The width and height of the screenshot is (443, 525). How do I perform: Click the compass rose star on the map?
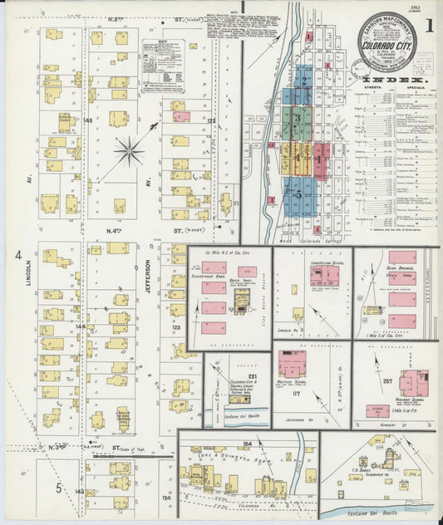pyautogui.click(x=129, y=151)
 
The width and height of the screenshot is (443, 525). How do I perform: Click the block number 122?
pyautogui.click(x=210, y=121)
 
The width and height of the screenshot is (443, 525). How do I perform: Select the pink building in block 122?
pyautogui.click(x=181, y=116)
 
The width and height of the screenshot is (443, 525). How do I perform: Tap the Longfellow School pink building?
pyautogui.click(x=324, y=276)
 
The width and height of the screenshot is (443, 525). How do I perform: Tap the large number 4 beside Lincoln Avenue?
pyautogui.click(x=17, y=257)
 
